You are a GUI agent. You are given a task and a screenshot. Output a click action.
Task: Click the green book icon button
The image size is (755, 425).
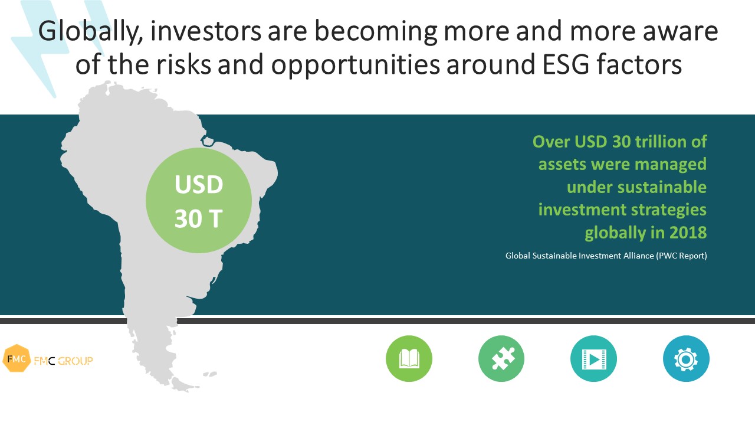click(x=409, y=358)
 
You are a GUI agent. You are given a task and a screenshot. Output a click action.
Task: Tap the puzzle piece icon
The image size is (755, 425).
click(x=501, y=358)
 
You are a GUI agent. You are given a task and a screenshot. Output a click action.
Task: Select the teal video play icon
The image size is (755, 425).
click(x=593, y=358)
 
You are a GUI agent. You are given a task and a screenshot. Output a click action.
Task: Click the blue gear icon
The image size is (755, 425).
click(x=686, y=358)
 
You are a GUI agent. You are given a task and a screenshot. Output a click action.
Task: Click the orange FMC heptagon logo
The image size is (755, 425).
click(x=16, y=358)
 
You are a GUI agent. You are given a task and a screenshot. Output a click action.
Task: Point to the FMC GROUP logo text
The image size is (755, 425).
click(x=63, y=361)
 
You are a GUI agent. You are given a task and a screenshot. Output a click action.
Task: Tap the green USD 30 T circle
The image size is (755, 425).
click(x=199, y=200)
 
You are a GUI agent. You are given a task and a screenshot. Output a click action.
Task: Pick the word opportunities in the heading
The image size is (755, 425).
click(x=356, y=65)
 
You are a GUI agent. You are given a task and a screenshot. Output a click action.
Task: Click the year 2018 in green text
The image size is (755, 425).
click(x=688, y=233)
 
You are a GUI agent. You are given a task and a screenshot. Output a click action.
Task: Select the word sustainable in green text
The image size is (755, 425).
click(x=662, y=187)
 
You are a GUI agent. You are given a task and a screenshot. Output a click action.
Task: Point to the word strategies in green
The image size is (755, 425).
click(x=669, y=210)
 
